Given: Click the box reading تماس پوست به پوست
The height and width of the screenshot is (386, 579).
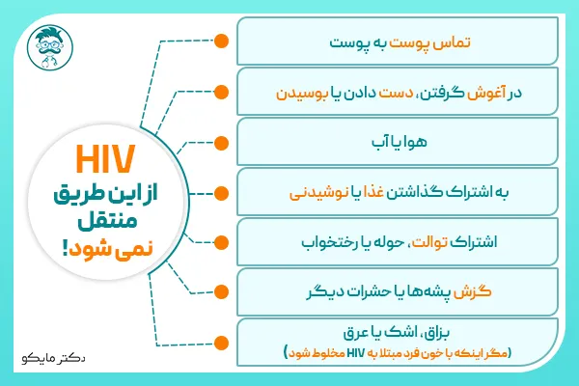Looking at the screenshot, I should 399,42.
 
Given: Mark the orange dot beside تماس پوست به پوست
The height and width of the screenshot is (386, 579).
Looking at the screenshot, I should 221,42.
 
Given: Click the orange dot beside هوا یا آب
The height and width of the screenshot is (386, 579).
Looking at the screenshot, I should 221,142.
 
